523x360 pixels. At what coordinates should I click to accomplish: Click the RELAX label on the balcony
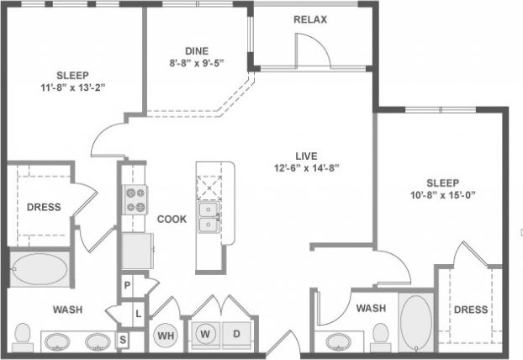[x=310, y=19]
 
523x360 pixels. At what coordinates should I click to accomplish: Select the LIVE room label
[x=305, y=155]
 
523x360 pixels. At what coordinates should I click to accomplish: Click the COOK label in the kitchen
[x=172, y=219]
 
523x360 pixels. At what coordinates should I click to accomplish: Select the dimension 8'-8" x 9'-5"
[x=198, y=61]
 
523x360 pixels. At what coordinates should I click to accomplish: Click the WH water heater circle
[x=166, y=336]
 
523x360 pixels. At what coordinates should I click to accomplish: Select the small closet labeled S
[x=123, y=340]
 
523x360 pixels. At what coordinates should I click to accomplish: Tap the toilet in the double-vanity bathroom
[x=23, y=338]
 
